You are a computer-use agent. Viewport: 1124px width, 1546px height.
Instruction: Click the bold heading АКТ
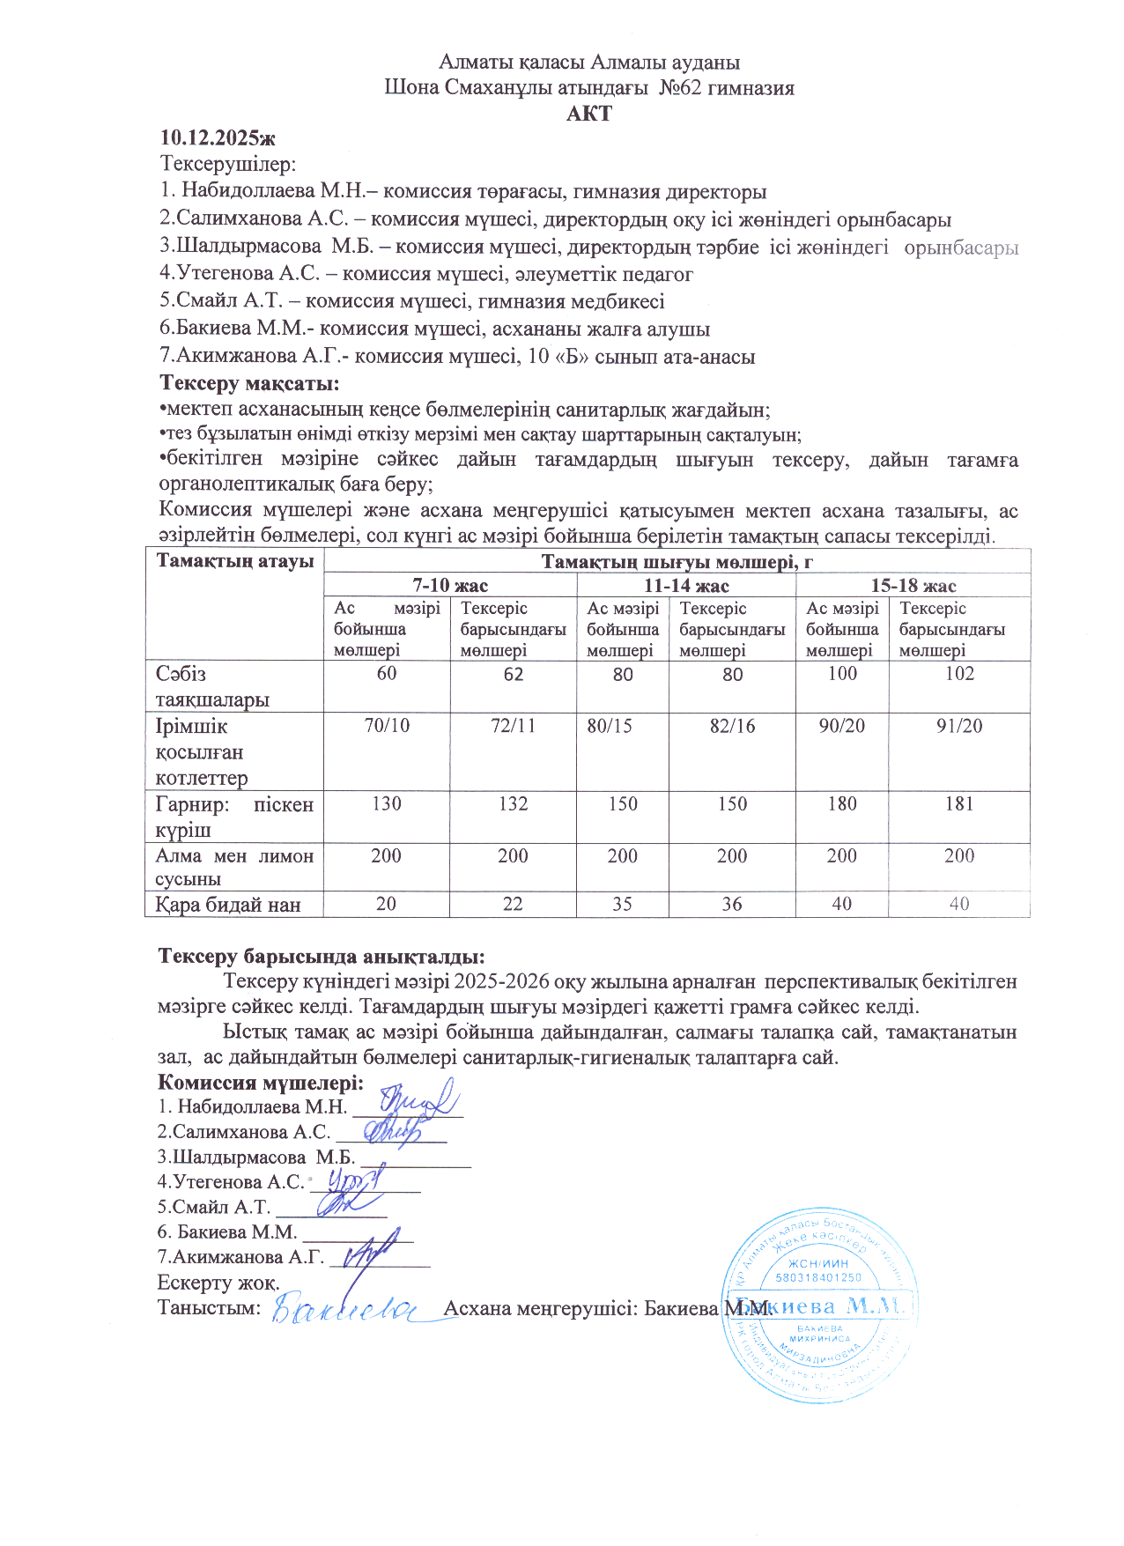(x=588, y=114)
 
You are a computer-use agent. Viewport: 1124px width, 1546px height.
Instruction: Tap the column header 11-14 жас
(x=686, y=586)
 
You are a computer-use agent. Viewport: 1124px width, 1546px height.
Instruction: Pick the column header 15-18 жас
(x=913, y=586)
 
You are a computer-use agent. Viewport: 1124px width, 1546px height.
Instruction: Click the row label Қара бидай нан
(x=228, y=905)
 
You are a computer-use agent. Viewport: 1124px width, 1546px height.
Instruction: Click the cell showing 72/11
(x=513, y=727)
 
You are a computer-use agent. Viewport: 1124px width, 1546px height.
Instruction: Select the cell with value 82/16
(x=732, y=727)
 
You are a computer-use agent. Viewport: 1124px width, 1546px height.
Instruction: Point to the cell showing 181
(x=959, y=803)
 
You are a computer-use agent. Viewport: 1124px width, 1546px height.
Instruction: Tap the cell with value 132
(x=513, y=803)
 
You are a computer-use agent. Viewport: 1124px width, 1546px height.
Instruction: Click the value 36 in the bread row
(x=732, y=905)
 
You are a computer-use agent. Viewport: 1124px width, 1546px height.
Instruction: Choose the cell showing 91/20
(x=959, y=727)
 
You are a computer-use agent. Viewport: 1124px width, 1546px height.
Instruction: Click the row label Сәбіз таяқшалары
(x=211, y=687)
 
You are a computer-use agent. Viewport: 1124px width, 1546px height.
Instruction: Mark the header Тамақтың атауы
(x=234, y=561)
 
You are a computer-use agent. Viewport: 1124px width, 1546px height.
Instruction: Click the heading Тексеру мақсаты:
(x=249, y=383)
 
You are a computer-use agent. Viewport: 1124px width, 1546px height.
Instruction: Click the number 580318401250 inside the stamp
(x=818, y=1276)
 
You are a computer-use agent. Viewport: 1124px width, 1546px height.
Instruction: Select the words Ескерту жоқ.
(x=218, y=1283)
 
